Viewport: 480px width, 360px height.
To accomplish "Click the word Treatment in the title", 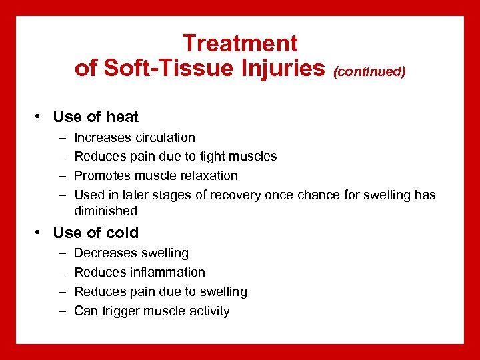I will (240, 43).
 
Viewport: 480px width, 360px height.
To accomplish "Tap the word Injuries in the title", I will (282, 68).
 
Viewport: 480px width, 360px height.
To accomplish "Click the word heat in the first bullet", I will (122, 117).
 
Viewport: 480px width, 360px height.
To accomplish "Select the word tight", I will (213, 157).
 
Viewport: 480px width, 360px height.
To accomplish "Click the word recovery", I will (237, 195).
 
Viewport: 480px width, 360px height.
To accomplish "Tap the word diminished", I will (105, 211).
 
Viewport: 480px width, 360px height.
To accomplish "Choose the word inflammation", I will (167, 273).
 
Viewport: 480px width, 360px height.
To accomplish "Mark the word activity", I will (207, 311).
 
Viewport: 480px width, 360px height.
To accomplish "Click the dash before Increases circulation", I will (61, 138).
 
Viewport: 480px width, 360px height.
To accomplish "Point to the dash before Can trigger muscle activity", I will (61, 311).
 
